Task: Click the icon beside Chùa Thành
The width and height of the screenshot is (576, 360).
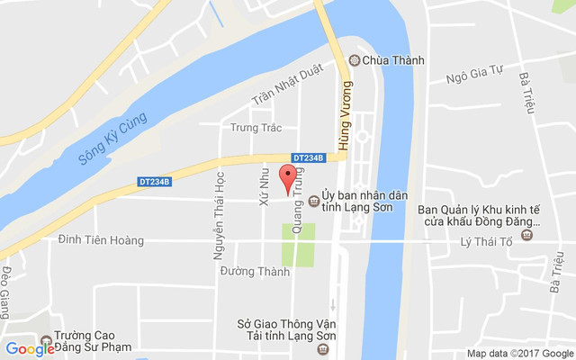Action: click(x=354, y=61)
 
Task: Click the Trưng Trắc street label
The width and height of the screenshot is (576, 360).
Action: click(x=256, y=128)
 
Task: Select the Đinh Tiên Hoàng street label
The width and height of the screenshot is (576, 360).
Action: click(x=100, y=239)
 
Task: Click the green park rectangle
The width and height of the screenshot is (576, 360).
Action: click(x=299, y=244)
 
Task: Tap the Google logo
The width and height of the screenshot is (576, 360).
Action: click(x=30, y=348)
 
